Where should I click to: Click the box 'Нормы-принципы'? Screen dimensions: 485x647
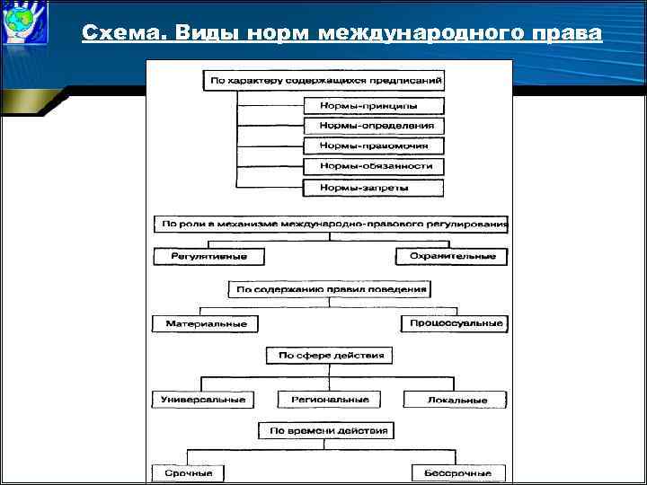point(374,105)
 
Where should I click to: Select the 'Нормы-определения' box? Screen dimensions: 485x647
point(374,126)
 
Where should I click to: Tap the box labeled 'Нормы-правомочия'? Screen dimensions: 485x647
point(374,145)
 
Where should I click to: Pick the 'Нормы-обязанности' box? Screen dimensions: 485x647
point(374,166)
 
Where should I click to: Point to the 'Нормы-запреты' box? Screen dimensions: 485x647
point(374,188)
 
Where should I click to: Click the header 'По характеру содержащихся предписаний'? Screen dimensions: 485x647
point(326,80)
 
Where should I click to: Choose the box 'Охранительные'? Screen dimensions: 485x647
point(452,256)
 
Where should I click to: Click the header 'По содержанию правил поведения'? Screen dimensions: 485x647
point(329,289)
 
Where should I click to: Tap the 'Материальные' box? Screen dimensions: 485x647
point(205,323)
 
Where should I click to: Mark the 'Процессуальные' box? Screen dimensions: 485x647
point(453,323)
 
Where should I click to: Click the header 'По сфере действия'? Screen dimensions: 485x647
point(330,356)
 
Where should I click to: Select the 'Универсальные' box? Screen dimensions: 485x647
point(203,400)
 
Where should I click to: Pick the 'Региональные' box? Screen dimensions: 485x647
point(329,400)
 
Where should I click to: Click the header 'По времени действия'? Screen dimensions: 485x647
point(325,431)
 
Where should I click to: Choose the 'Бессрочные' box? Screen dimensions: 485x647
point(458,472)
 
